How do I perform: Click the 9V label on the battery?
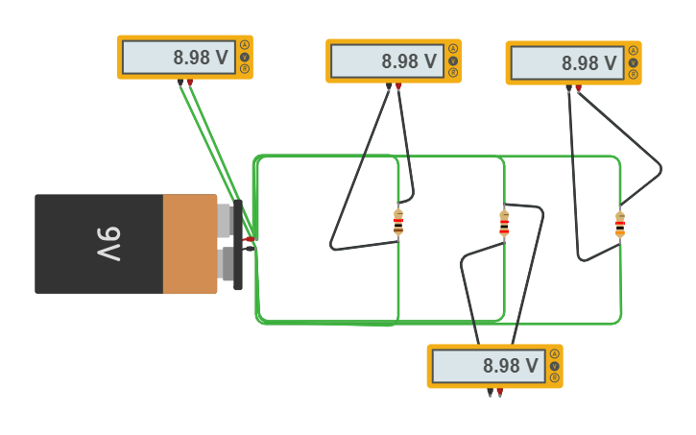click(x=108, y=244)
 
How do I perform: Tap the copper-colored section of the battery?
click(x=189, y=244)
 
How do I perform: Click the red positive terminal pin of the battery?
click(x=249, y=238)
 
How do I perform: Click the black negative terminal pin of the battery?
click(x=249, y=249)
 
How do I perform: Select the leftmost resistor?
click(x=398, y=222)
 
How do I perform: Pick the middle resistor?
click(x=504, y=223)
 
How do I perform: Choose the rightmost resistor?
click(x=620, y=224)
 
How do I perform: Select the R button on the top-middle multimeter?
click(x=453, y=73)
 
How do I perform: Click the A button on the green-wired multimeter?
click(x=245, y=45)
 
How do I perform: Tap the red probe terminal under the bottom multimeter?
click(x=500, y=392)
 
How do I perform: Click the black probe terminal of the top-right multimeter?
click(x=568, y=88)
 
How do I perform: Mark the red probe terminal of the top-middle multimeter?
click(x=398, y=86)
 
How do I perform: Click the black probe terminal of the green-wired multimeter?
click(x=180, y=83)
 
